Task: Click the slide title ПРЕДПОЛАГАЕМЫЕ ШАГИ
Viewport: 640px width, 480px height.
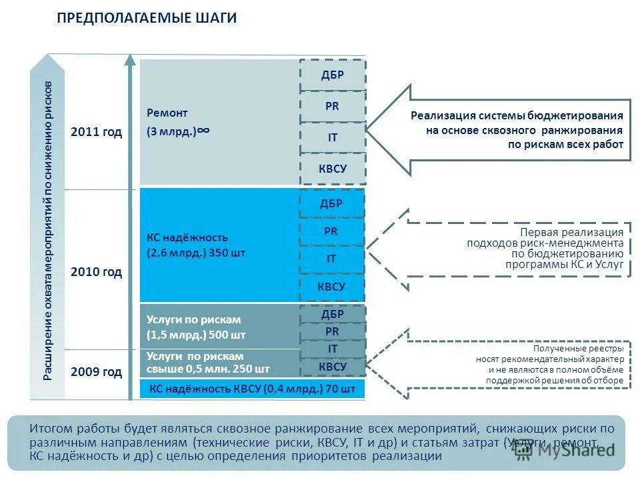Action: (x=147, y=18)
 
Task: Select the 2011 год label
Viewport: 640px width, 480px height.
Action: (x=97, y=132)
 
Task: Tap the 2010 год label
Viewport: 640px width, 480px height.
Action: (x=97, y=272)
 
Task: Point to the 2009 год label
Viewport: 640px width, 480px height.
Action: (x=97, y=372)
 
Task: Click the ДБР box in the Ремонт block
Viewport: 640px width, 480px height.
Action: (x=332, y=75)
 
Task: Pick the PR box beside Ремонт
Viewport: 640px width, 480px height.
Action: (x=332, y=106)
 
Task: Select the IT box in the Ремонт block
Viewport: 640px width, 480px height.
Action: (x=332, y=137)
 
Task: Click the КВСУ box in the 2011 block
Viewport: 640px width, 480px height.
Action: (x=332, y=169)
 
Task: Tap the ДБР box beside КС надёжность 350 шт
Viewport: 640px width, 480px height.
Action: (x=332, y=204)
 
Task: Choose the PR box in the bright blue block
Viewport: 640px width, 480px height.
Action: (x=331, y=231)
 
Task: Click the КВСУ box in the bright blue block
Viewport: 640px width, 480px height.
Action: (x=332, y=287)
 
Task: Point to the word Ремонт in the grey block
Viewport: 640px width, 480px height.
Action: (x=168, y=113)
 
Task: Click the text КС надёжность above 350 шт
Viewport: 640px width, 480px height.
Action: (x=187, y=237)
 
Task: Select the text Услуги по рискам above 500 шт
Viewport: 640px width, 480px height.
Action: (x=193, y=319)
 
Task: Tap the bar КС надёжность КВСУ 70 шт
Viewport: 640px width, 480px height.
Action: (x=252, y=389)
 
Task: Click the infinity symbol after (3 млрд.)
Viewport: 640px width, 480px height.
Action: (x=204, y=131)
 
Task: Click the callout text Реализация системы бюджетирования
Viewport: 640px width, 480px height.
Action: (x=517, y=115)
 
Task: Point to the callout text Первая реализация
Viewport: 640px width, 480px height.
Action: (x=572, y=232)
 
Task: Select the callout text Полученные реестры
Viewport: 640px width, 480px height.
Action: (x=579, y=349)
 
